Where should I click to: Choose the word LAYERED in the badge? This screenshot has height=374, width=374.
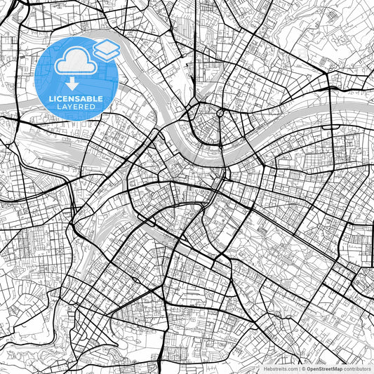76,107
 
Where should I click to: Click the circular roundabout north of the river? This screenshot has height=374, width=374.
220,112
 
